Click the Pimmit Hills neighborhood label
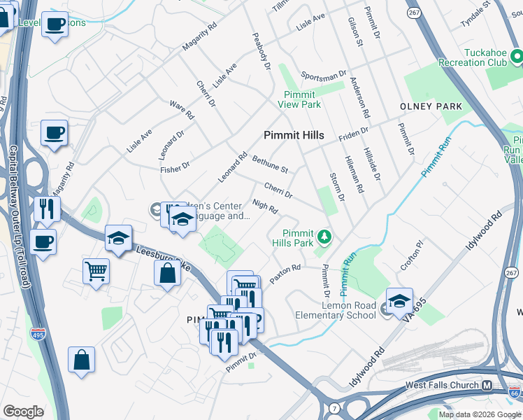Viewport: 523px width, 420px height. (293, 135)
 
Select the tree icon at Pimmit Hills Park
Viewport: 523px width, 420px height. (323, 236)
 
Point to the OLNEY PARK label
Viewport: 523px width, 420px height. (431, 106)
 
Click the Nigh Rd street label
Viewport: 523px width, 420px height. (265, 207)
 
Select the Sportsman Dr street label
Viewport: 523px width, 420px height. (324, 74)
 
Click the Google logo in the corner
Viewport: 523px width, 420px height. (24, 411)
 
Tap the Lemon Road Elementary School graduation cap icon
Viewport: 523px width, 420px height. (399, 301)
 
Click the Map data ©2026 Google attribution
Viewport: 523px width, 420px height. (479, 414)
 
